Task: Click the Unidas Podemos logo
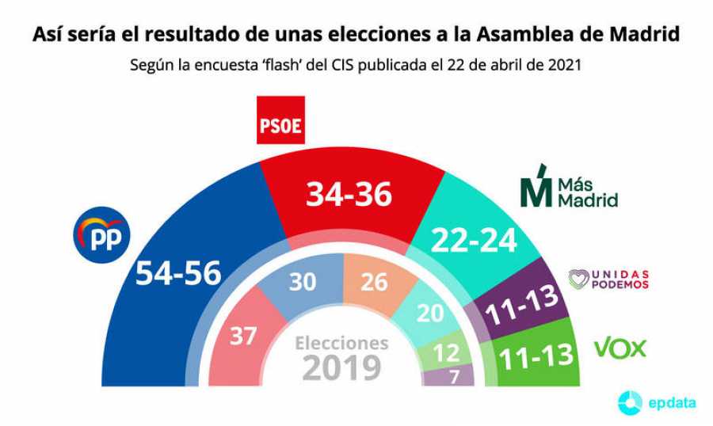click(608, 280)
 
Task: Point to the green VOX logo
click(620, 348)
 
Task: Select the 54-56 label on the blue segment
click(178, 273)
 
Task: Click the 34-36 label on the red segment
click(350, 193)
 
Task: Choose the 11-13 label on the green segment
click(535, 356)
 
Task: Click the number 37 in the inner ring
click(243, 336)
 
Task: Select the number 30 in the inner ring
click(302, 282)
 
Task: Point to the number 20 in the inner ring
click(430, 313)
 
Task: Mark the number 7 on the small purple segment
click(455, 377)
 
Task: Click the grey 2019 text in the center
click(341, 368)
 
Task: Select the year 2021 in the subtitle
click(564, 66)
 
